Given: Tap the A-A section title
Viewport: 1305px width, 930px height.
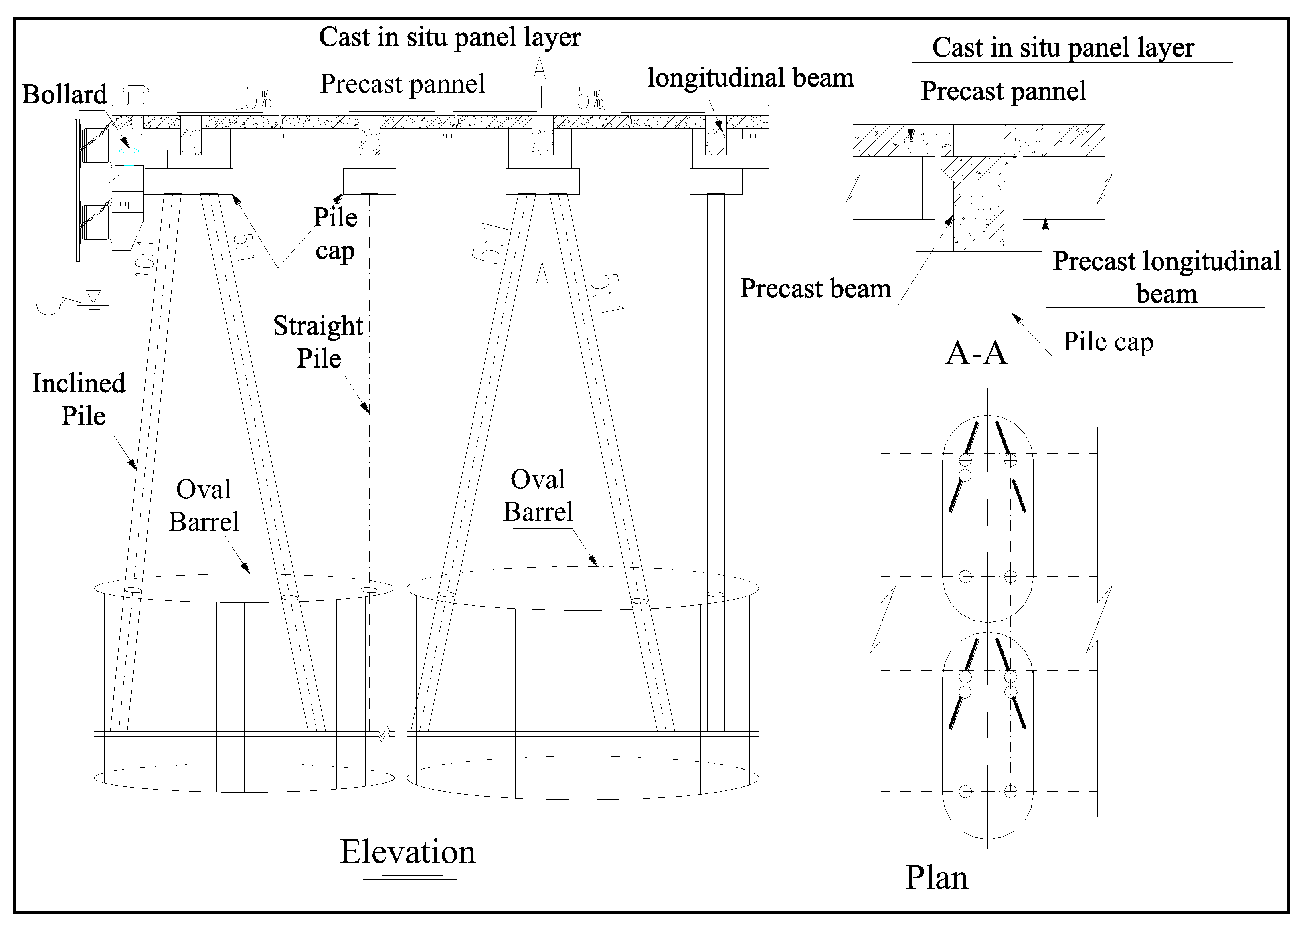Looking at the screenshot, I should tap(976, 353).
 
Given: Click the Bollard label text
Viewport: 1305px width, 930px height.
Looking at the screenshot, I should tap(64, 95).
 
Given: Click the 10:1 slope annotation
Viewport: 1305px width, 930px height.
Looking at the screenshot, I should tap(144, 259).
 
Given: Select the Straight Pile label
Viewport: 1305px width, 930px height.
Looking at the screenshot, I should tap(318, 342).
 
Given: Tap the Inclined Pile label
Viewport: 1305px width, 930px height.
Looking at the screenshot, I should tap(79, 399).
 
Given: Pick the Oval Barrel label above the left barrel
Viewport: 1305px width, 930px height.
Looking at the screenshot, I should tap(204, 505).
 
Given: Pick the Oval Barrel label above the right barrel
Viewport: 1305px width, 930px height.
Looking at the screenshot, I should tap(538, 495).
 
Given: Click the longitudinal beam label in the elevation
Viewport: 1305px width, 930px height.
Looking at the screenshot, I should tap(750, 78).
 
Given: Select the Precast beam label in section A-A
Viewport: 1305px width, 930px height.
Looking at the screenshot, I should tap(815, 289).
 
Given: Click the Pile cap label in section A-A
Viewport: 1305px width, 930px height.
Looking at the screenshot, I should tap(1108, 342).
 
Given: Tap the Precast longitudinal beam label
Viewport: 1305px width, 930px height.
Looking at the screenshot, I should tap(1166, 277).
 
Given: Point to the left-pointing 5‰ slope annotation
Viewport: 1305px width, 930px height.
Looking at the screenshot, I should tap(256, 99).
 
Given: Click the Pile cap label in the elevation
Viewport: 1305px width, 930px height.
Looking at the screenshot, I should tap(336, 234).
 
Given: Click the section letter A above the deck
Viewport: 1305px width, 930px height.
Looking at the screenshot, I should tap(539, 69).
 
